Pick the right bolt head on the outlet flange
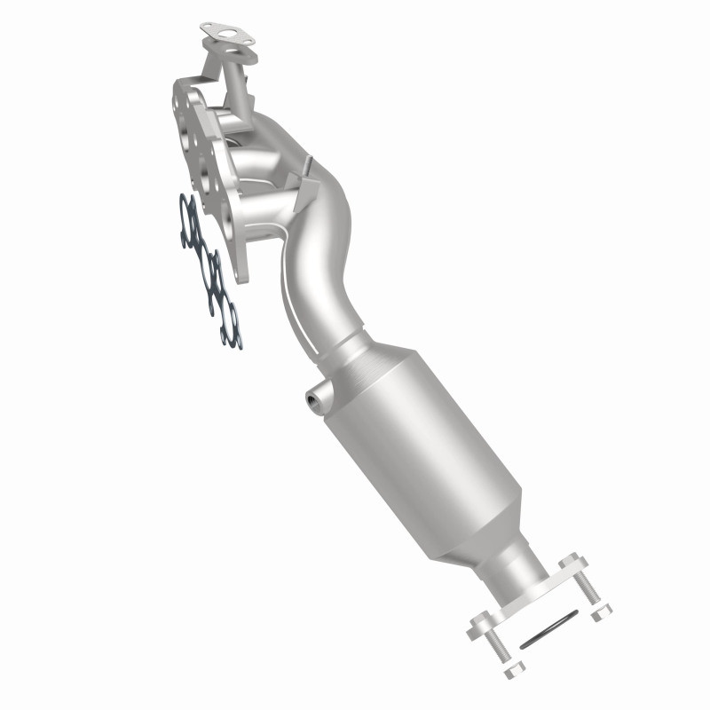coord(571,560)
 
